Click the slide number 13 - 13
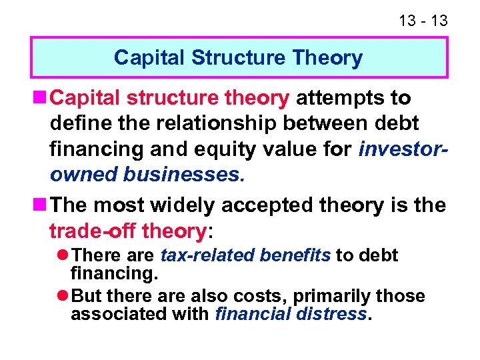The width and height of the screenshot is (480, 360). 423,21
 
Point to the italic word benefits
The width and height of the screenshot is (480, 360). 295,255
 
